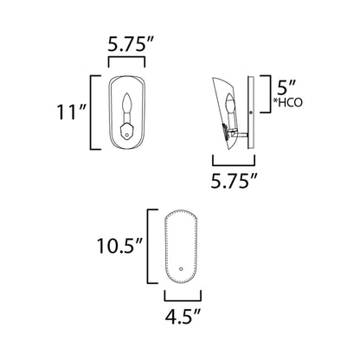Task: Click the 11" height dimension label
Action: pyautogui.click(x=71, y=112)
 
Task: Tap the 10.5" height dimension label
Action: pyautogui.click(x=119, y=246)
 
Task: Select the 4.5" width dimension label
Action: pyautogui.click(x=183, y=316)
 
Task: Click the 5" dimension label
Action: pyautogui.click(x=286, y=87)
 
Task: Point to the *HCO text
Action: pyautogui.click(x=288, y=102)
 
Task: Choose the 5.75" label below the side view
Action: pyautogui.click(x=234, y=181)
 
